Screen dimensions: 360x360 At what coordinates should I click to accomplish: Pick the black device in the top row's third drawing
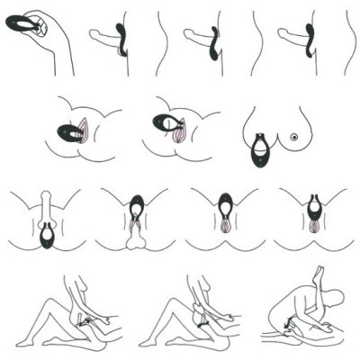[214, 46]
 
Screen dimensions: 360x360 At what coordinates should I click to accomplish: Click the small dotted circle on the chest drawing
[293, 137]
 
